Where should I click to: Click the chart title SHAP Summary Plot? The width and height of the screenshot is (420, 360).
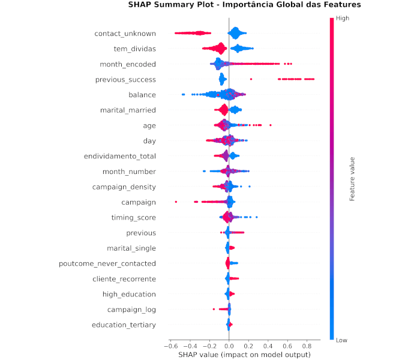coord(244,5)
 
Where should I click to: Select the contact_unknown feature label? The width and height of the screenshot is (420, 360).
coord(125,34)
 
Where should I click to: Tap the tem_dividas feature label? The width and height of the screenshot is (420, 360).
coord(134,49)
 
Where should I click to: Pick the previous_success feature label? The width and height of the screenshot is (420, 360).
coord(125,79)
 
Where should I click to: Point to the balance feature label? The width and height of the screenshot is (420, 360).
coord(142,95)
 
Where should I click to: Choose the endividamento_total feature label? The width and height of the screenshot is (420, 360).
coord(119,156)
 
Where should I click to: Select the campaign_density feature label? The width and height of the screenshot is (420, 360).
coord(124,187)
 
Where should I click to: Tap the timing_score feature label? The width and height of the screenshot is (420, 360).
coord(133,217)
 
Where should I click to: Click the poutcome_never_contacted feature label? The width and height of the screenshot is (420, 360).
coord(107,263)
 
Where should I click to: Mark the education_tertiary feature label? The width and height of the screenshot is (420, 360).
coord(124,325)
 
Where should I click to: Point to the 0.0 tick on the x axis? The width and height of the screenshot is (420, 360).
coord(229,346)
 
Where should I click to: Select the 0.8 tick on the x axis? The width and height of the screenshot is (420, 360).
coord(307,346)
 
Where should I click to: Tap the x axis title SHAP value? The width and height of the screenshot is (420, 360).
coord(244,355)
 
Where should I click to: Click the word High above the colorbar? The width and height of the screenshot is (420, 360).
coord(343,19)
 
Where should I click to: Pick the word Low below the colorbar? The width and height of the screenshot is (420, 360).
coord(342,340)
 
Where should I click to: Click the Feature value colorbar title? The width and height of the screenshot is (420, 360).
coord(353,179)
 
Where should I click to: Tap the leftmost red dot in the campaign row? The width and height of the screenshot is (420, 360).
coord(176,202)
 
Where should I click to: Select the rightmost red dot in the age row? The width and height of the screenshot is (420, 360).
coord(271,125)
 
